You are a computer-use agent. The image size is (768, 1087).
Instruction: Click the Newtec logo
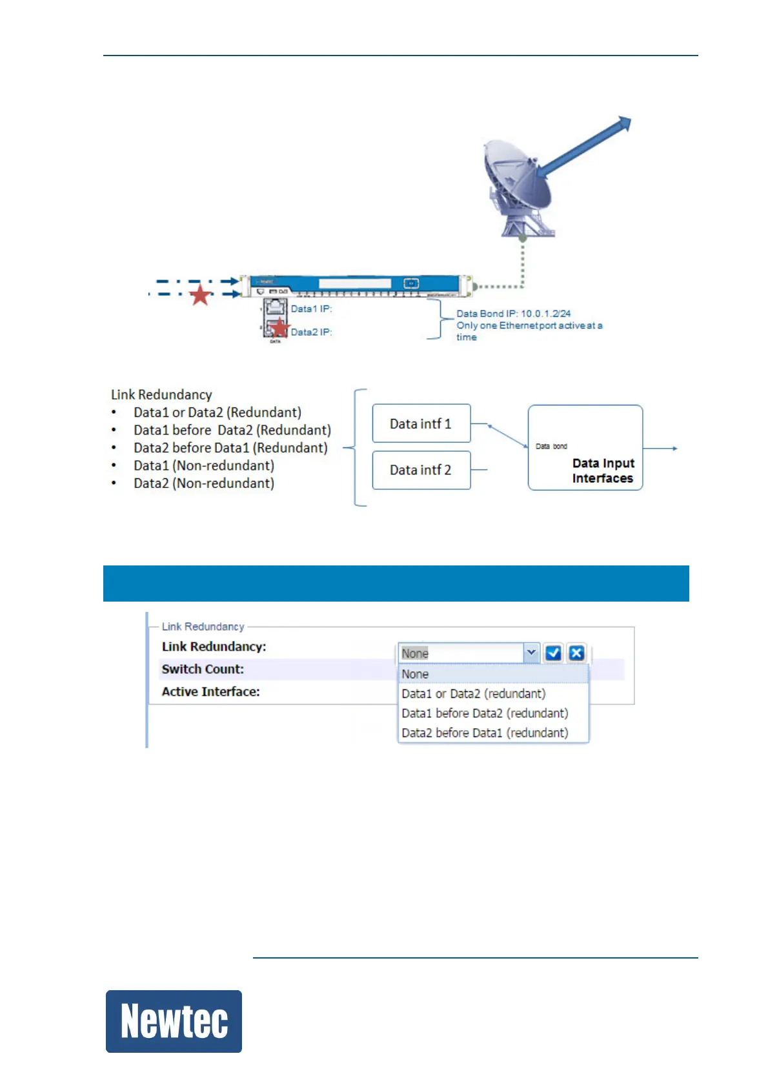[174, 1021]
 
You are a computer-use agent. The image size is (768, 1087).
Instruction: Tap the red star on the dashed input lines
[200, 295]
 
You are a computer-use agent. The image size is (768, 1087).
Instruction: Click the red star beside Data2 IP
[279, 328]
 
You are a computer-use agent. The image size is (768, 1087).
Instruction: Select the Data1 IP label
[311, 309]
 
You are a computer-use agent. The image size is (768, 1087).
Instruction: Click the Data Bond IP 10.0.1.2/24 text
[514, 314]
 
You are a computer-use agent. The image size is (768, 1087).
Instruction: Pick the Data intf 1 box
[421, 424]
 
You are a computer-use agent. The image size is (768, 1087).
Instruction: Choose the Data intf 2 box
[421, 470]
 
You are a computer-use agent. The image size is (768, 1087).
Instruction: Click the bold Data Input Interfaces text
[603, 471]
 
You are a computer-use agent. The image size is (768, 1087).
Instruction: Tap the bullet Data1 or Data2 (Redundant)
[217, 412]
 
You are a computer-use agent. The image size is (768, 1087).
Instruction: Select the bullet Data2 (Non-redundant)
[203, 483]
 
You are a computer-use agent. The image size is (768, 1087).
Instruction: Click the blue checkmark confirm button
[553, 653]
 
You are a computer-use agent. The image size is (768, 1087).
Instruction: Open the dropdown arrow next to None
[531, 653]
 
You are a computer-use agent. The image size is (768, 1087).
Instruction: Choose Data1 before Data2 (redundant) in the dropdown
[485, 713]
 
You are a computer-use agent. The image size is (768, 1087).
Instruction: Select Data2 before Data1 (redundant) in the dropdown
[485, 733]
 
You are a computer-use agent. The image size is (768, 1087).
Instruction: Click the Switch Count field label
[203, 669]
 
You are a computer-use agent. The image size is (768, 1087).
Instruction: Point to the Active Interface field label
[210, 692]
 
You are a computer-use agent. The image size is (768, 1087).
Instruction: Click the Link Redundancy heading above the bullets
[161, 394]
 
